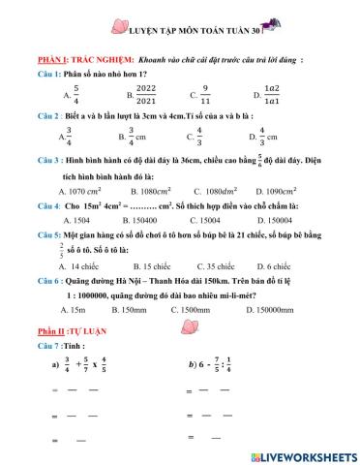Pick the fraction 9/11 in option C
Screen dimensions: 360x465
(204, 94)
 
